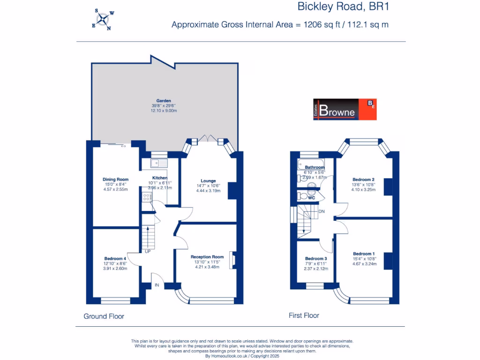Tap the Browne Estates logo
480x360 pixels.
click(x=345, y=109)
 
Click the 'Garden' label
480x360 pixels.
click(x=164, y=101)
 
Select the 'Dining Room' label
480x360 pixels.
click(x=115, y=179)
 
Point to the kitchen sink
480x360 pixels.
click(x=159, y=163)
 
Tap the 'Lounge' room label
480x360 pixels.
click(x=208, y=180)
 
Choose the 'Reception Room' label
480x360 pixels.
click(x=207, y=257)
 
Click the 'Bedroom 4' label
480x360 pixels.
click(x=115, y=259)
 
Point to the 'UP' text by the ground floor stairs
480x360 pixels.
click(x=148, y=252)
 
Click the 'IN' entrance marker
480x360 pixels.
click(x=157, y=285)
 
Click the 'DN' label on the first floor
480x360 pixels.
click(x=322, y=211)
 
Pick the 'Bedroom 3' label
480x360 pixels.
click(x=315, y=259)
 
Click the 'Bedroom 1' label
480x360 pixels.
click(x=363, y=254)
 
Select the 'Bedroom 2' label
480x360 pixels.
click(x=363, y=180)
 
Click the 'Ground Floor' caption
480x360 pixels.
click(x=104, y=316)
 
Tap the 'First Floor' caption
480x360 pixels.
click(x=304, y=315)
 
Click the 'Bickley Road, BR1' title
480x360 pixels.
click(x=344, y=7)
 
